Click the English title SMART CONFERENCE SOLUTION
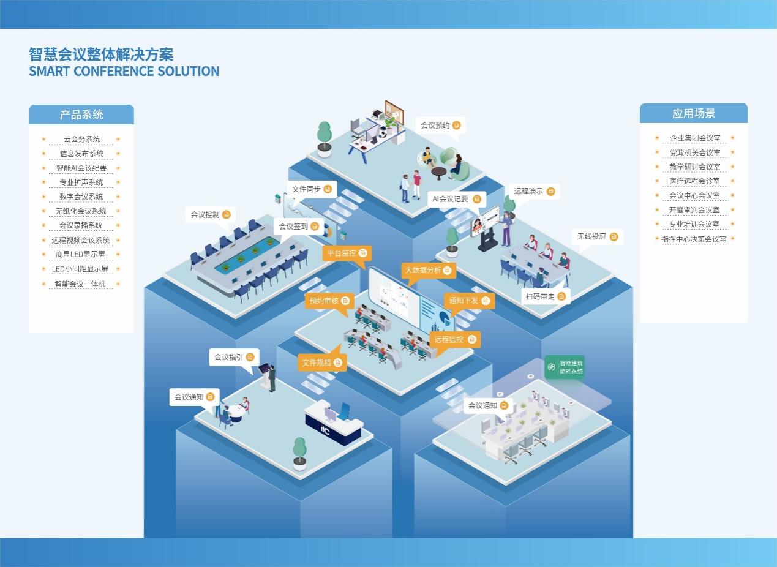124,71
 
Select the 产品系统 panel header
81,115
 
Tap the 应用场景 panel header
693,113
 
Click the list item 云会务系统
81,139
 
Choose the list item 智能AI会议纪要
81,168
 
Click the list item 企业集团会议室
694,138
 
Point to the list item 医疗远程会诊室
694,181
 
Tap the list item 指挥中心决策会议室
694,239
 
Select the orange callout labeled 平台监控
347,253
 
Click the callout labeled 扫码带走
546,296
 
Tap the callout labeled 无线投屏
597,236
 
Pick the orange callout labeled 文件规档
322,362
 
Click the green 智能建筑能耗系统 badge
565,367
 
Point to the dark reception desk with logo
334,424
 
